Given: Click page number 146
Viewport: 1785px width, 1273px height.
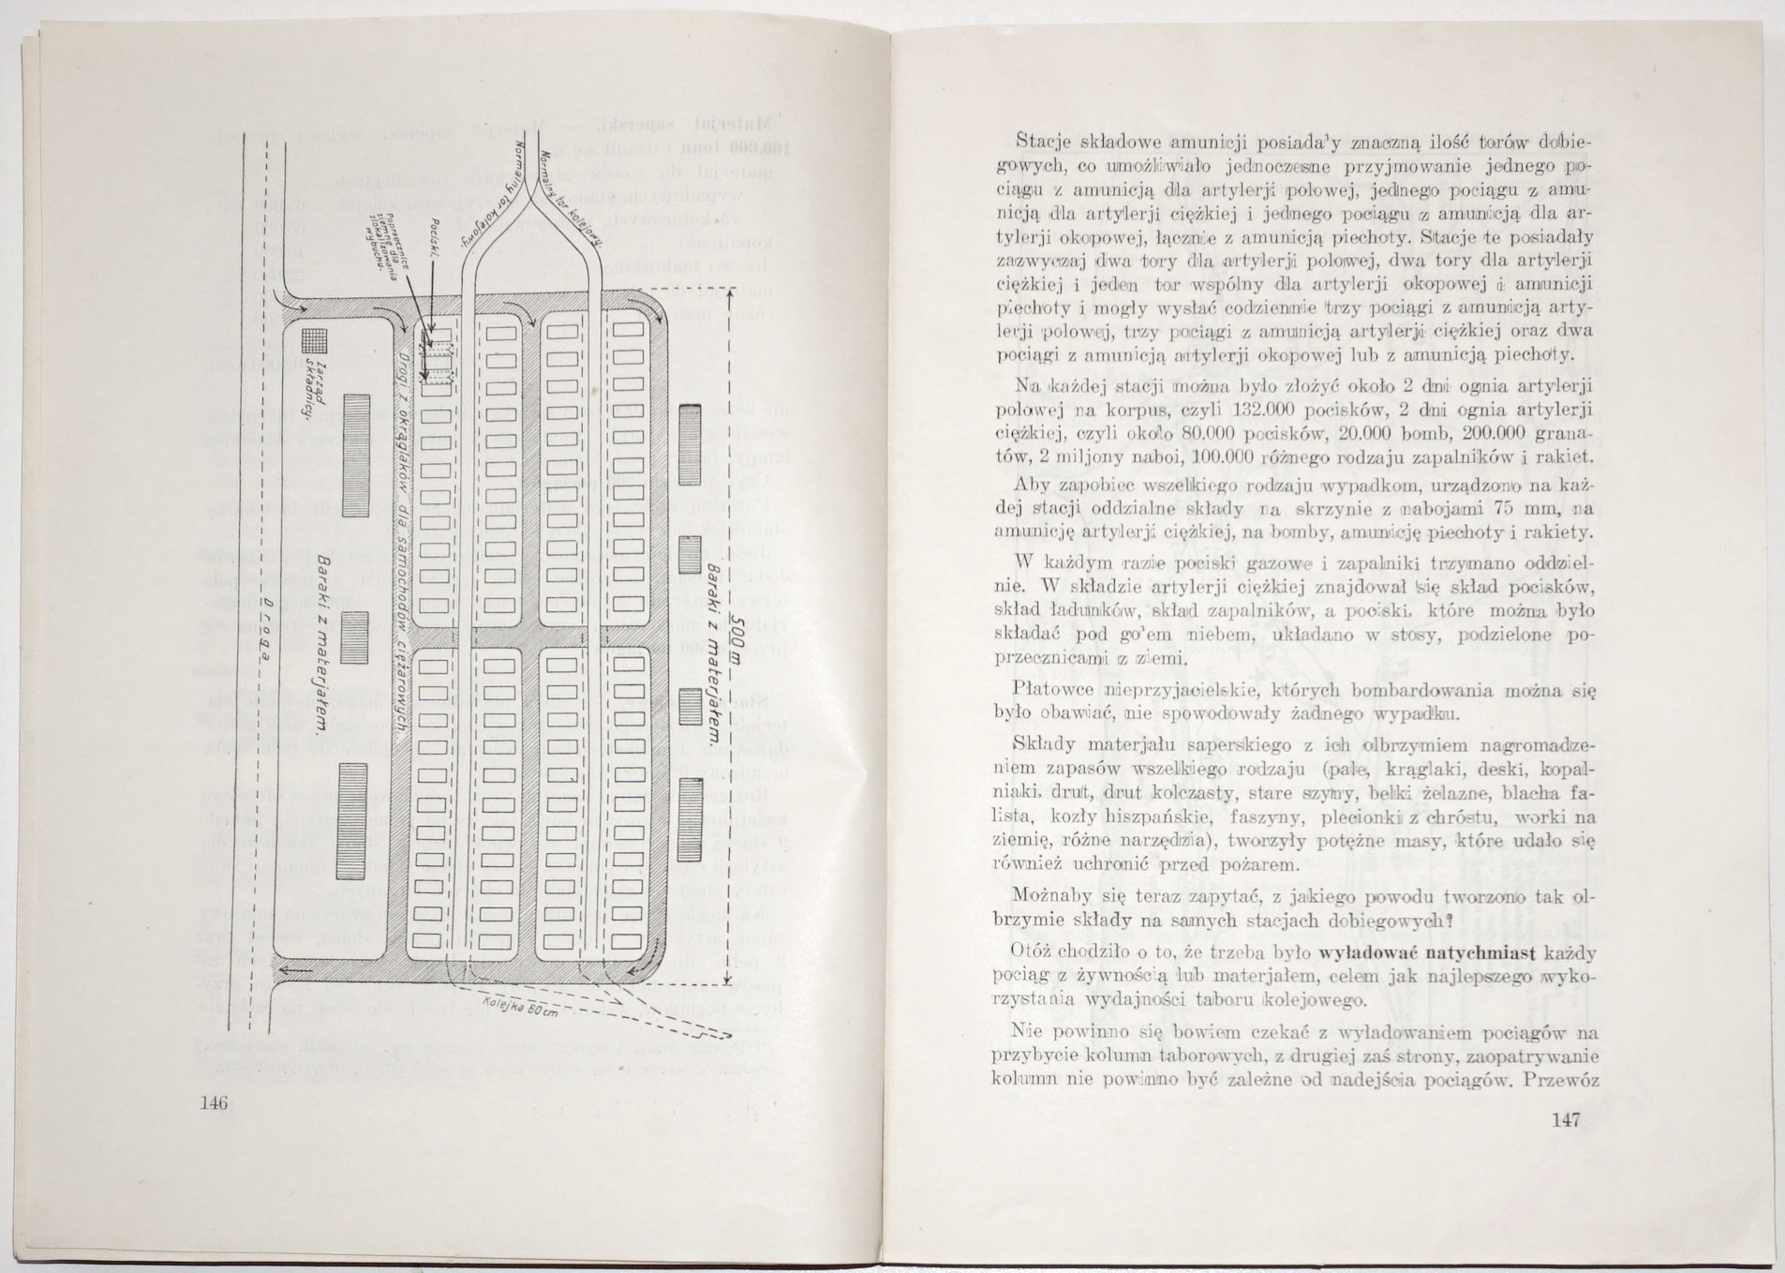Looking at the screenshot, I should point(215,1101).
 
